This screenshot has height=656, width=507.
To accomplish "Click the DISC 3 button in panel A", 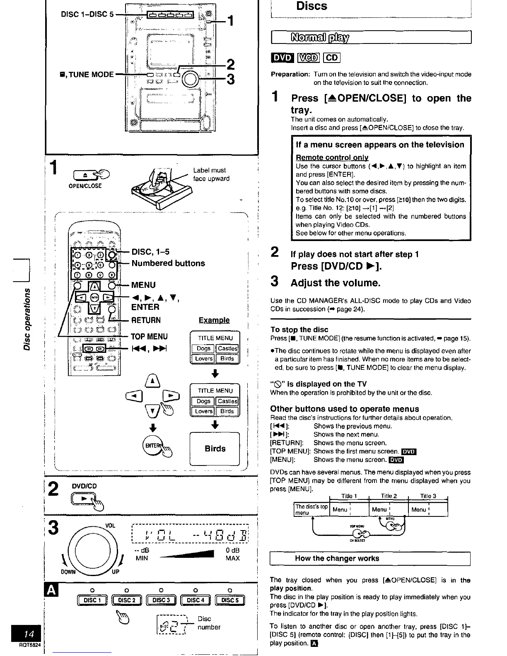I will point(161,600).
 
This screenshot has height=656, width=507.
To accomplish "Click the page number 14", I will point(29,634).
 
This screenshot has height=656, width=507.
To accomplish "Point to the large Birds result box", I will point(215,449).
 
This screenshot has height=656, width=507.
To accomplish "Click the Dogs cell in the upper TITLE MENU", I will point(203,349).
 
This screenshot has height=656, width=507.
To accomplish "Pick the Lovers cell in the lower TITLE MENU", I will point(203,411).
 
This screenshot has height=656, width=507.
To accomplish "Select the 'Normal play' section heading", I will point(321,38).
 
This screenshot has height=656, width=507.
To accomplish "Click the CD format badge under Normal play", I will point(331,58).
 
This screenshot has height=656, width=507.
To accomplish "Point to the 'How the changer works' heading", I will point(337,558).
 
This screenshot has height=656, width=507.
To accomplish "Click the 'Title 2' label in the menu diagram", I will point(389,496).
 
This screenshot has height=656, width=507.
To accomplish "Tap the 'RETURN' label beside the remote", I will point(146,320).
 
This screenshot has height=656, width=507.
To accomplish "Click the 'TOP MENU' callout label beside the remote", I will point(149,337).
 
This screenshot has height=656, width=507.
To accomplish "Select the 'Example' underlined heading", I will point(214,320).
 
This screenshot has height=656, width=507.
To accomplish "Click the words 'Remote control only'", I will point(332,157).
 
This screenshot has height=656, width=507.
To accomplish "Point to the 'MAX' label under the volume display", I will point(232,558).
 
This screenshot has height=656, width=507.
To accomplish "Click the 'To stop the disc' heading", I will point(299,330).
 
